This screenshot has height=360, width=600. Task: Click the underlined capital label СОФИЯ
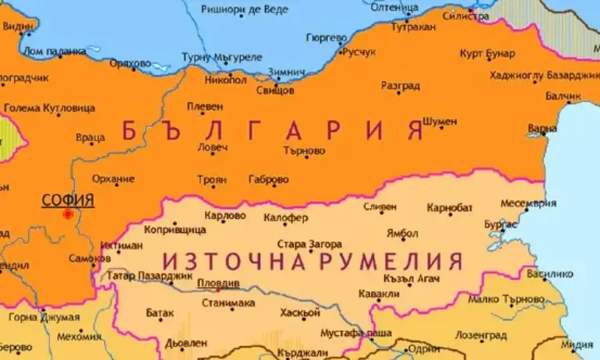point(67,200)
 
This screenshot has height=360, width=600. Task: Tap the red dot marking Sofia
point(68,214)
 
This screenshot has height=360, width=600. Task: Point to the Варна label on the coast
point(542,127)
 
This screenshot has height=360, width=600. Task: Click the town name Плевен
point(205,107)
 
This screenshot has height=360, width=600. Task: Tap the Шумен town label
point(439,122)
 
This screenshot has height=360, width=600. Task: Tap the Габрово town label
point(268,180)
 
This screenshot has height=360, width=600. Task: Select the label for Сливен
point(379,207)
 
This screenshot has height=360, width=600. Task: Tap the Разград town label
point(401,86)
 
